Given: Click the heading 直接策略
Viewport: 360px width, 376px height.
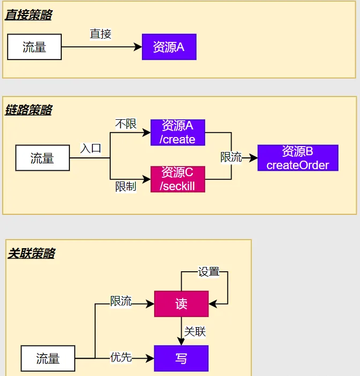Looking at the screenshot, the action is pyautogui.click(x=28, y=15).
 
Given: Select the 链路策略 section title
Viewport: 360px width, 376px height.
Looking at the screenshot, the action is pyautogui.click(x=28, y=110).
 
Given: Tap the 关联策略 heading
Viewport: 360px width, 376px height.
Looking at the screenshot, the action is pyautogui.click(x=31, y=253).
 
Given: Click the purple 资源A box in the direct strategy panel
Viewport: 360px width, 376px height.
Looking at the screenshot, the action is pyautogui.click(x=169, y=47).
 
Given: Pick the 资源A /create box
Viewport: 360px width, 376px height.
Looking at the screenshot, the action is pyautogui.click(x=178, y=132).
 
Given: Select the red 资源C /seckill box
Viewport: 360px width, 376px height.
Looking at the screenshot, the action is pyautogui.click(x=178, y=179).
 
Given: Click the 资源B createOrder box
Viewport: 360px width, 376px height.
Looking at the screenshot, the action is pyautogui.click(x=298, y=158).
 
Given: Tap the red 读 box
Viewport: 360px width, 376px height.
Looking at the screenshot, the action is pyautogui.click(x=181, y=304).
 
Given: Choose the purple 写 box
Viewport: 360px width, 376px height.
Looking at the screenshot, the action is pyautogui.click(x=181, y=358).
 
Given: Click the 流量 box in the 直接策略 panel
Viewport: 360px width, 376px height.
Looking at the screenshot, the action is pyautogui.click(x=34, y=47).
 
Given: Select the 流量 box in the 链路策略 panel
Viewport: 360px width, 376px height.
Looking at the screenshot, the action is pyautogui.click(x=42, y=158).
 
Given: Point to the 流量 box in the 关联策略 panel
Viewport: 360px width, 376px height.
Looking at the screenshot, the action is pyautogui.click(x=48, y=358).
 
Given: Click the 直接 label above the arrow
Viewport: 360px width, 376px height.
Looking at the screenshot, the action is pyautogui.click(x=100, y=34).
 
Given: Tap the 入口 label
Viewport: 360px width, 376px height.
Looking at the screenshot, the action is pyautogui.click(x=91, y=148).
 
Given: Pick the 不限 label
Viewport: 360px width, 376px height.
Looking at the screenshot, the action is pyautogui.click(x=126, y=124).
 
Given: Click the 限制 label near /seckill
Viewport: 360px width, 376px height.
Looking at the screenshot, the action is pyautogui.click(x=126, y=186).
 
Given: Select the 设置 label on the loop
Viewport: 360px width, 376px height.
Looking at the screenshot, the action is pyautogui.click(x=208, y=272).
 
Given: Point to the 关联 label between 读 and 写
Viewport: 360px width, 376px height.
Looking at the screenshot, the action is pyautogui.click(x=195, y=331).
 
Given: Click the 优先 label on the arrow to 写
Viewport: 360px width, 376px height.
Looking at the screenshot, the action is pyautogui.click(x=121, y=357).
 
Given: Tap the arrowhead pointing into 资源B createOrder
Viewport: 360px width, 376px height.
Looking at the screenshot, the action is pyautogui.click(x=253, y=158).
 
